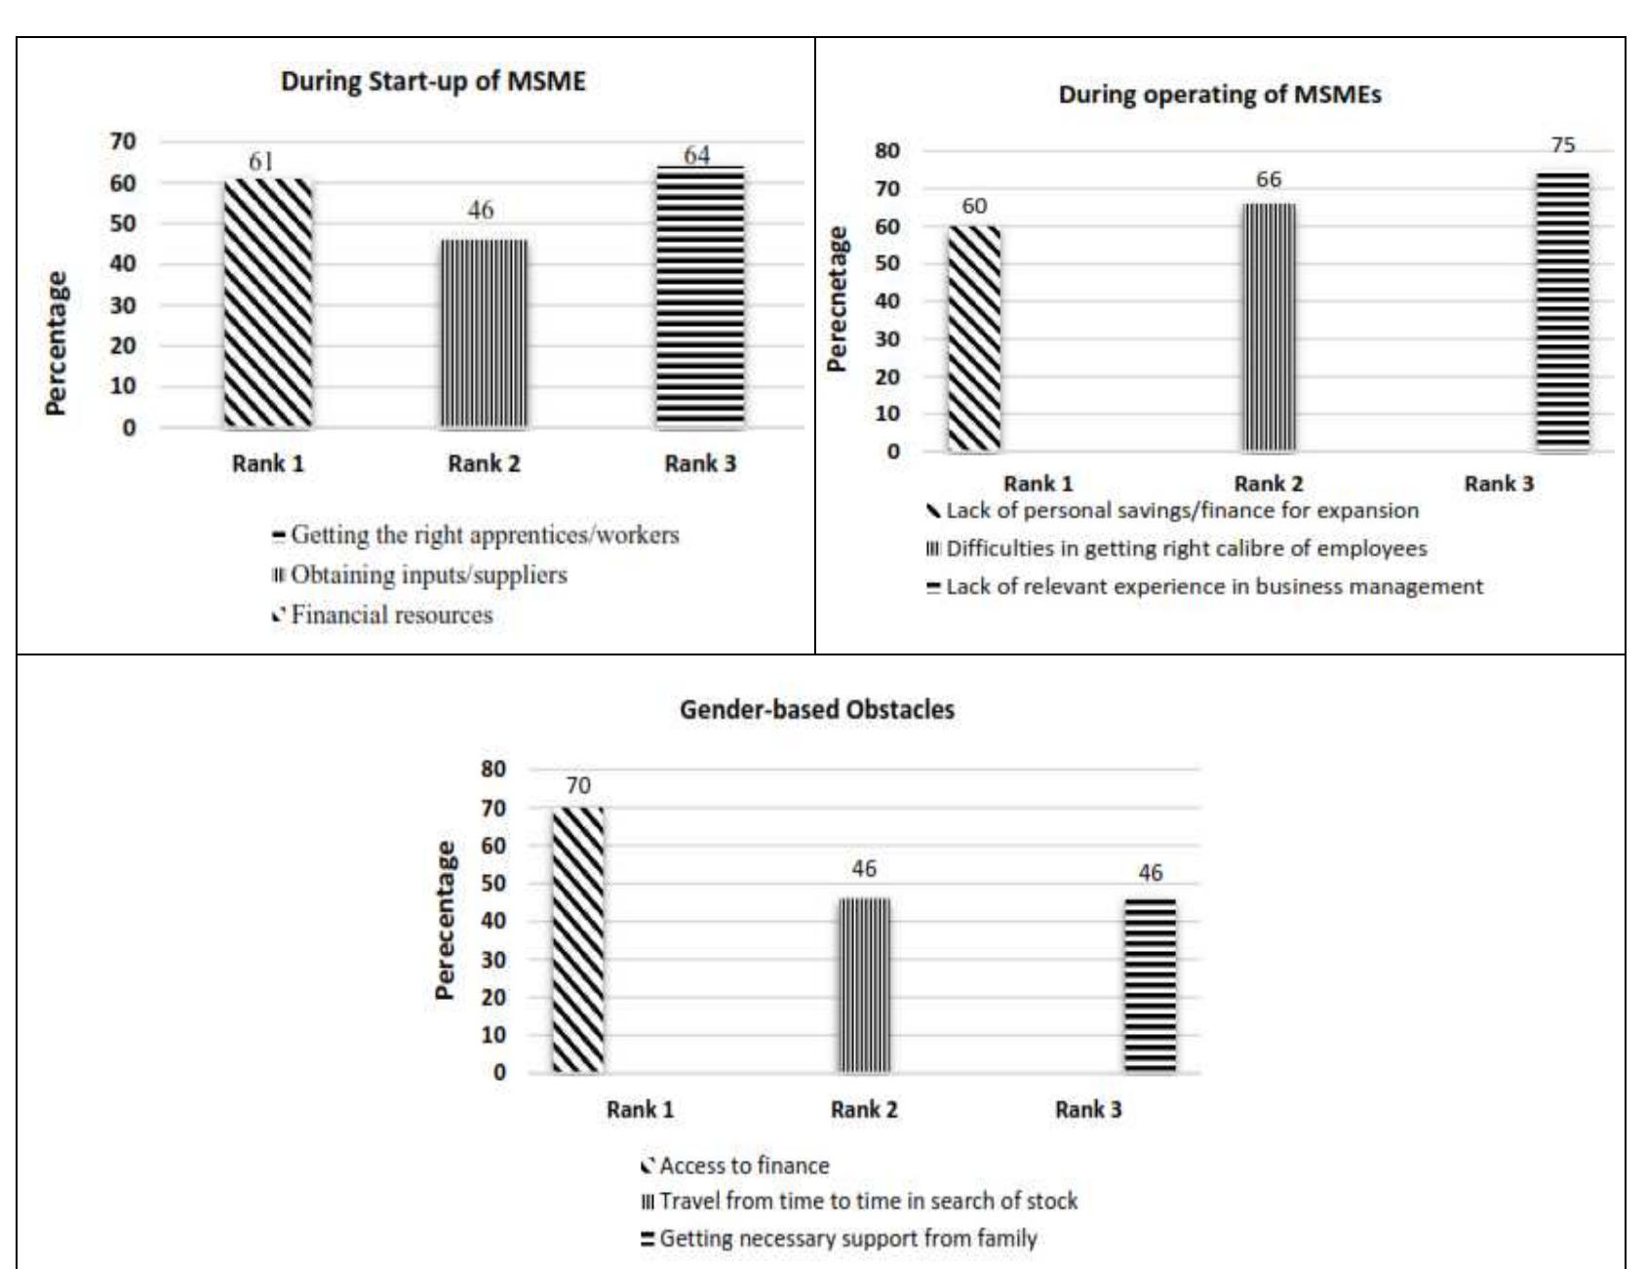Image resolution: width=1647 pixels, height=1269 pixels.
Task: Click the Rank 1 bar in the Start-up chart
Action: [268, 303]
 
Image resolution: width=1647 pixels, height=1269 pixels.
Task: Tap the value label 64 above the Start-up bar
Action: [696, 155]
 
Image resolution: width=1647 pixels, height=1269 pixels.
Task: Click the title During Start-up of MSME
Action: [433, 81]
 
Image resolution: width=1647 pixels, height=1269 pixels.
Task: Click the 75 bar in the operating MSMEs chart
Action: [1562, 312]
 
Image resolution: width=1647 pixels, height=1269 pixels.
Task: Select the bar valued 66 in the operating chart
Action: [1268, 328]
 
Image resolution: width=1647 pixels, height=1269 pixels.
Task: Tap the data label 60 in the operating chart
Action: [974, 207]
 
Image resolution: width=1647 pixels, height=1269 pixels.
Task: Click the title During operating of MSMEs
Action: [1219, 96]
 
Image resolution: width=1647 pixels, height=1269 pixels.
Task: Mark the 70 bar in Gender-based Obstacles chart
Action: [577, 940]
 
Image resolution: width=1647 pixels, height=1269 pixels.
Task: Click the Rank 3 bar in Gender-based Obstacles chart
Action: [1150, 986]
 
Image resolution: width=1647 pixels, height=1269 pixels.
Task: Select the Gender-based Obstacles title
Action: [816, 710]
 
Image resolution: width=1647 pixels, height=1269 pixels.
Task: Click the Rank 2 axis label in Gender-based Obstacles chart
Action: [863, 1110]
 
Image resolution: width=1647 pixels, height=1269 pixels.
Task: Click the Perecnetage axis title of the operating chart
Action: [836, 298]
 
